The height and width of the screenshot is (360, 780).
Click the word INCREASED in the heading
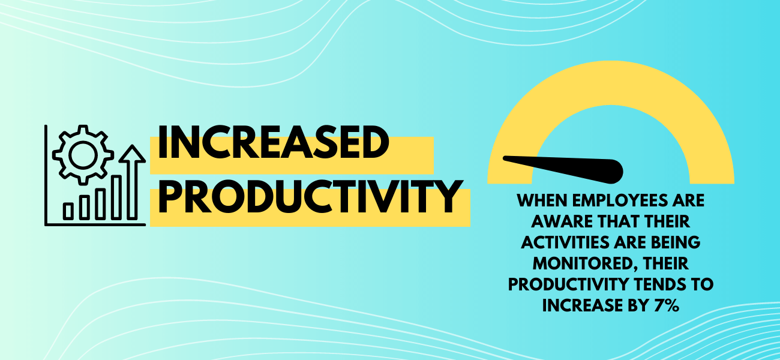[x=274, y=142]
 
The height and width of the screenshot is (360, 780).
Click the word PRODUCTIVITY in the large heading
[x=311, y=196]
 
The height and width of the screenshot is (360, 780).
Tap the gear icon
[x=83, y=155]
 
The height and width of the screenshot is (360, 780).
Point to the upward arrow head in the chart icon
[x=132, y=154]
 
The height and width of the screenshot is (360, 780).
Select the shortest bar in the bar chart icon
[x=68, y=211]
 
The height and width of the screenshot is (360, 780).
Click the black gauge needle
[x=563, y=169]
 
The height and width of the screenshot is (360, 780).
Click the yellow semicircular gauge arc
[x=611, y=83]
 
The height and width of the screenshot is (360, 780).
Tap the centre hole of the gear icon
[x=83, y=155]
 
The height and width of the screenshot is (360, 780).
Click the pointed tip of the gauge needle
[x=504, y=158]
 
